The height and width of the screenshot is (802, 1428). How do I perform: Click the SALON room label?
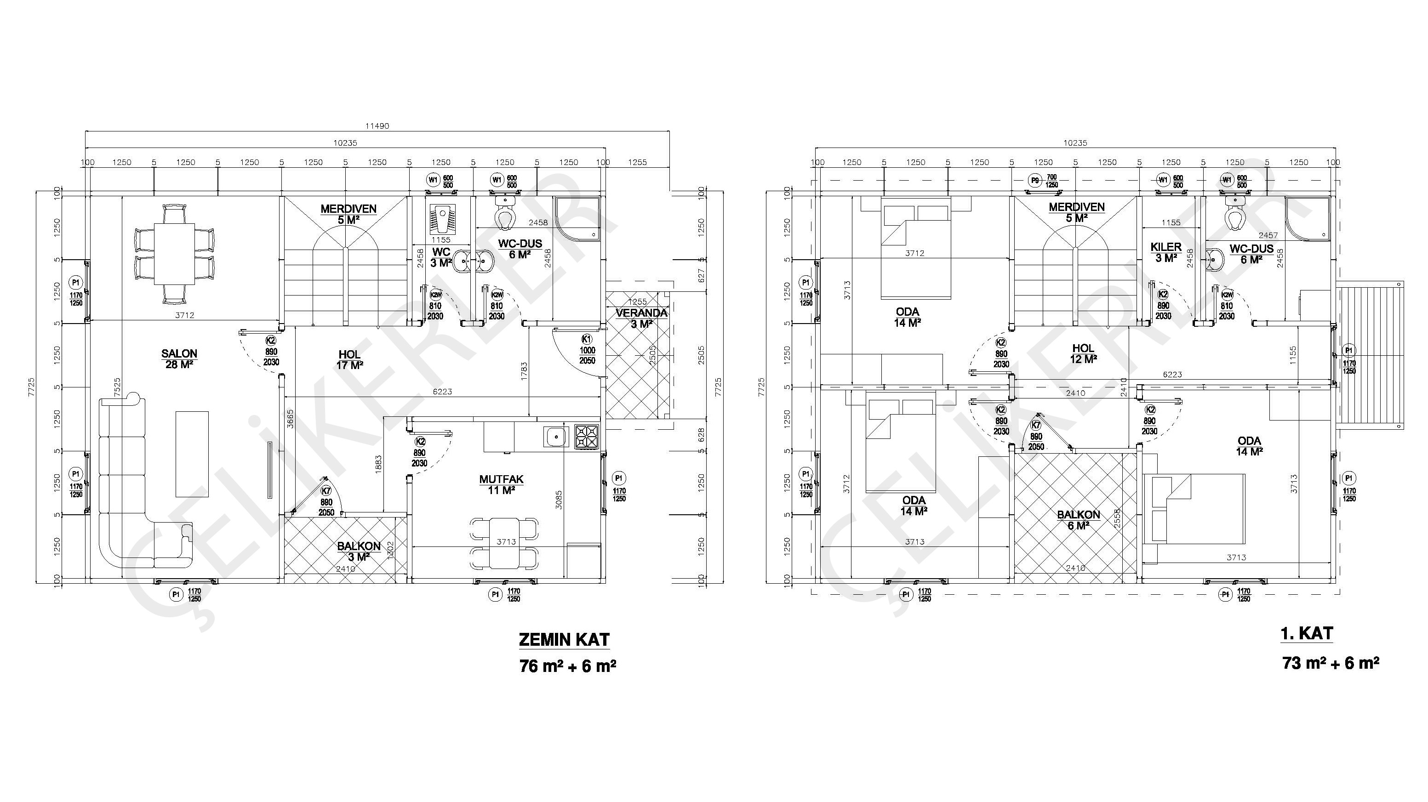pyautogui.click(x=179, y=353)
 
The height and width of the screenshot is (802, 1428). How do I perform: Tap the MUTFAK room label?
pyautogui.click(x=501, y=479)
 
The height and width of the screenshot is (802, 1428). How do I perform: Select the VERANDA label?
pyautogui.click(x=641, y=313)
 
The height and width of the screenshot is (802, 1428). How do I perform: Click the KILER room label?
pyautogui.click(x=1166, y=247)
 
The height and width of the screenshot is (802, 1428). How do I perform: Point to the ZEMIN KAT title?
pyautogui.click(x=564, y=640)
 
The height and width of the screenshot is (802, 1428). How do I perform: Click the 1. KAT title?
pyautogui.click(x=1307, y=633)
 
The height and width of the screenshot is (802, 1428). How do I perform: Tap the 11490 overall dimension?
pyautogui.click(x=377, y=126)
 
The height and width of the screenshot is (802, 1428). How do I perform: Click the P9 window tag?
pyautogui.click(x=1034, y=181)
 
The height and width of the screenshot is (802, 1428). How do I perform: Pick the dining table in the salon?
pyautogui.click(x=174, y=253)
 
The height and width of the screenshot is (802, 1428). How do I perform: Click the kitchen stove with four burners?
pyautogui.click(x=587, y=437)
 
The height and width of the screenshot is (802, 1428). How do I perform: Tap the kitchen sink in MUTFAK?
pyautogui.click(x=556, y=437)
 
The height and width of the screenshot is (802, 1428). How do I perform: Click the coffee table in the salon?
pyautogui.click(x=192, y=454)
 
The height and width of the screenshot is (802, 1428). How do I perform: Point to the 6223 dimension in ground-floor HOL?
pyautogui.click(x=442, y=391)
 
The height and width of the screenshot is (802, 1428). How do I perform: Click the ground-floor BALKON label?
pyautogui.click(x=359, y=546)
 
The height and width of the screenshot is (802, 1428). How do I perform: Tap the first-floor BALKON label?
pyautogui.click(x=1078, y=514)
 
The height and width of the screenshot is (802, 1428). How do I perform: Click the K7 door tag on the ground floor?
pyautogui.click(x=326, y=490)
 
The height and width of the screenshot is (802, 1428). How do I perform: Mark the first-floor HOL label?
pyautogui.click(x=1083, y=348)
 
